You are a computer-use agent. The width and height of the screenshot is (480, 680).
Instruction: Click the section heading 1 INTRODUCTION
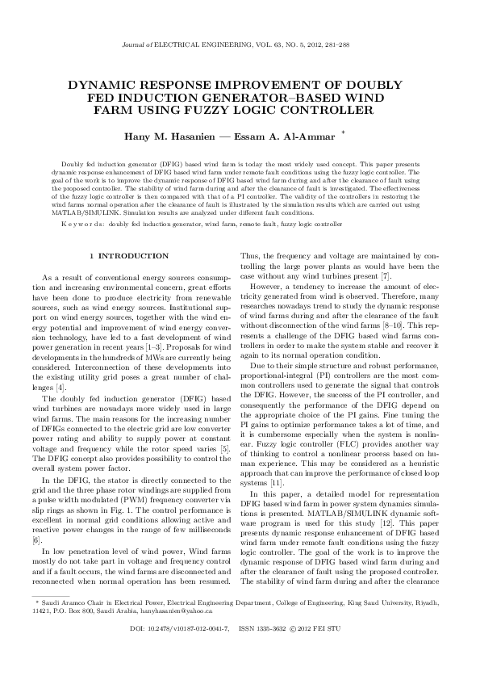click(x=134, y=256)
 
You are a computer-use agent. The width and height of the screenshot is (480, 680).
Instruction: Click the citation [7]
click(x=386, y=276)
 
